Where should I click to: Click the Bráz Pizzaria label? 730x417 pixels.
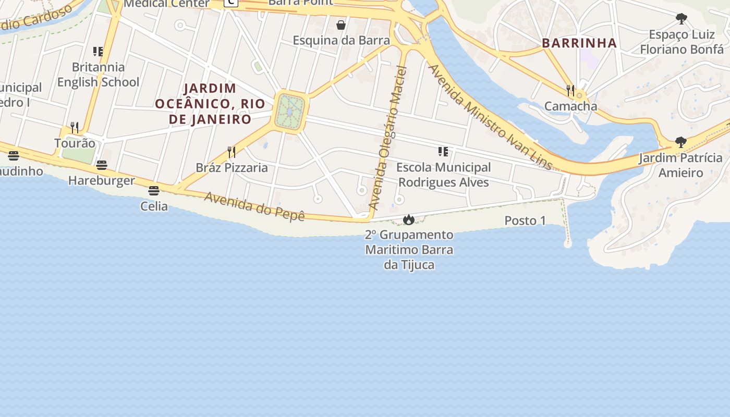pyautogui.click(x=232, y=168)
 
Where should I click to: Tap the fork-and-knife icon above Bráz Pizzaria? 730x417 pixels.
pyautogui.click(x=232, y=152)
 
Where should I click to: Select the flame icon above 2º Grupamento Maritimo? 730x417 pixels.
pyautogui.click(x=409, y=219)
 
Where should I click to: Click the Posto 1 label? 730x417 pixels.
pyautogui.click(x=525, y=221)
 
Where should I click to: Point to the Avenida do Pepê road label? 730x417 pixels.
pyautogui.click(x=254, y=206)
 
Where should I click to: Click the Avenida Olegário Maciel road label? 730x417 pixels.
pyautogui.click(x=387, y=138)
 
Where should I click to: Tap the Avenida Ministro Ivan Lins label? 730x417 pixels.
pyautogui.click(x=490, y=117)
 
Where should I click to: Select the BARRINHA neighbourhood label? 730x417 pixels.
pyautogui.click(x=579, y=43)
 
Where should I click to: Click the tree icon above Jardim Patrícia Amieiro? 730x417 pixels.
pyautogui.click(x=680, y=142)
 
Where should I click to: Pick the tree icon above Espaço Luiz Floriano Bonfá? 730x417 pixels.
pyautogui.click(x=681, y=19)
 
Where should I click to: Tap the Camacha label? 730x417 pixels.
pyautogui.click(x=570, y=106)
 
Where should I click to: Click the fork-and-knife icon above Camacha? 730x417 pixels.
pyautogui.click(x=570, y=91)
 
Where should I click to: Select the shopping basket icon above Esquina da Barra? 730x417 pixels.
pyautogui.click(x=341, y=25)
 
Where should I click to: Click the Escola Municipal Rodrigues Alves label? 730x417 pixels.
pyautogui.click(x=443, y=175)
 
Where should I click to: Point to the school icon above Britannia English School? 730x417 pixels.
pyautogui.click(x=98, y=52)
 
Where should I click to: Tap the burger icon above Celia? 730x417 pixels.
pyautogui.click(x=153, y=191)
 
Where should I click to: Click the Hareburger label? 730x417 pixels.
pyautogui.click(x=102, y=181)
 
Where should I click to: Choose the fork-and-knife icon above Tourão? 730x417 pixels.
pyautogui.click(x=75, y=127)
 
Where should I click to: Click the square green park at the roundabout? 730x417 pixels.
pyautogui.click(x=289, y=112)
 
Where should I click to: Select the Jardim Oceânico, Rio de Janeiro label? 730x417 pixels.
pyautogui.click(x=210, y=104)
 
